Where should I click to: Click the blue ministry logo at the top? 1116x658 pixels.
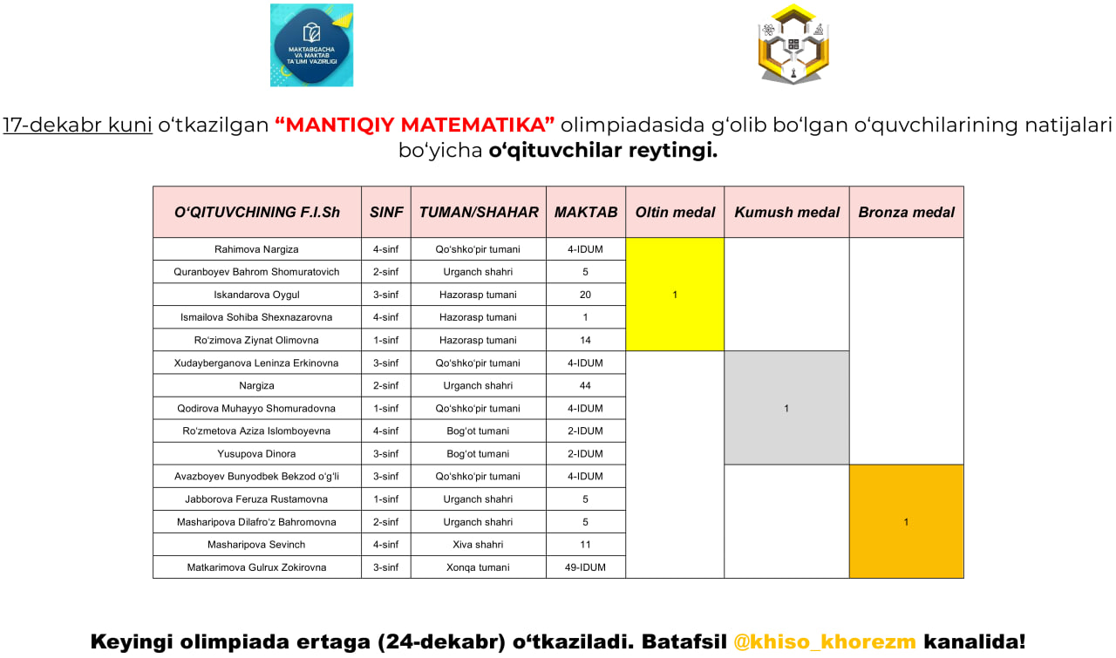311,45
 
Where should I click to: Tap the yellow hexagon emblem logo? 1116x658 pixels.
793,44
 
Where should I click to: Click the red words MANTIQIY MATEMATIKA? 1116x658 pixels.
415,125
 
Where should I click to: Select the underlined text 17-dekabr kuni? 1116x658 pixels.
78,125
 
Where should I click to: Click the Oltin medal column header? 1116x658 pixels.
675,212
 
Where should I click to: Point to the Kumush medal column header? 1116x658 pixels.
786,212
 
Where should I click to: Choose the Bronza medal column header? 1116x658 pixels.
906,212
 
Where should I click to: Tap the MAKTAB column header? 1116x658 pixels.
586,212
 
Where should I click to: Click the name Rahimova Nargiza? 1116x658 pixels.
256,249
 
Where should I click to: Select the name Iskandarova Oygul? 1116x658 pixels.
256,295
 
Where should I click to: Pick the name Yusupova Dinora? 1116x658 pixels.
256,453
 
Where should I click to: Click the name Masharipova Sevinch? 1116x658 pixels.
256,545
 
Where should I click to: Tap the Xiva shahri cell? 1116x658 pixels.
478,545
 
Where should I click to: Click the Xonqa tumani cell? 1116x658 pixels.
478,567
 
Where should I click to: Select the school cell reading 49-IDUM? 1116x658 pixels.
585,567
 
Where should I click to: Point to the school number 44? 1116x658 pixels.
585,385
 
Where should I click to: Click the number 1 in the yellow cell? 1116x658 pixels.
675,295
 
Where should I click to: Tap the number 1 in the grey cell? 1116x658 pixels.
786,408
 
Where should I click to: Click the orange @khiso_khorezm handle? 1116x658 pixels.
824,642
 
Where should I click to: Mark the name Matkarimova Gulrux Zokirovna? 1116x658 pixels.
256,567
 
